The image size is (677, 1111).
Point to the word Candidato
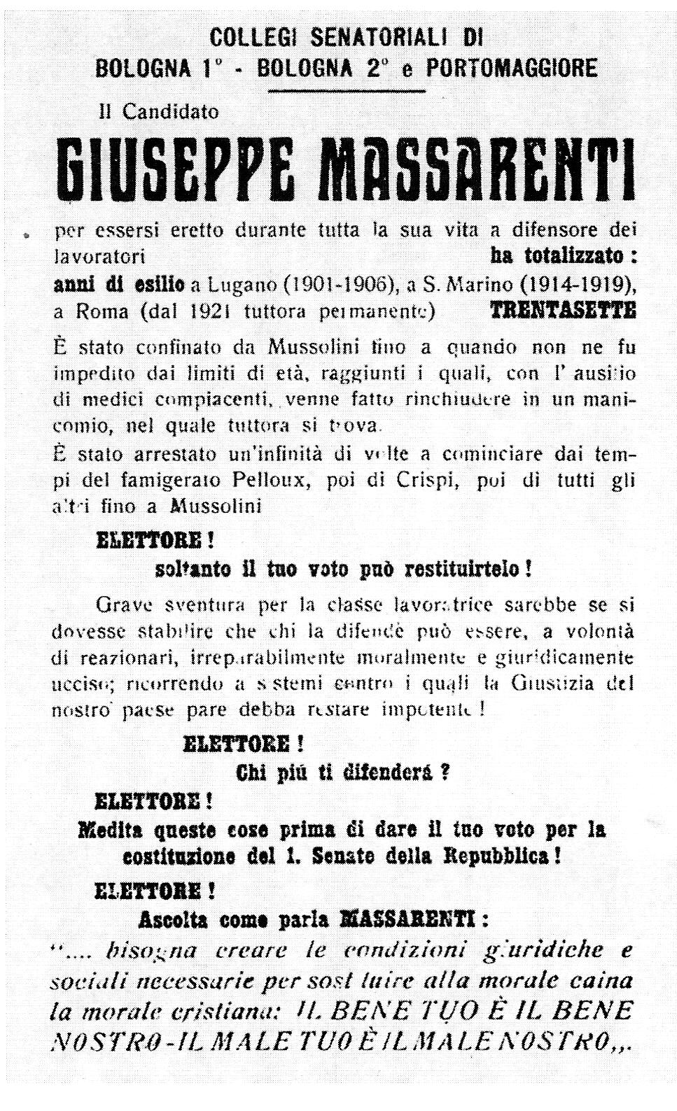click(x=171, y=111)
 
